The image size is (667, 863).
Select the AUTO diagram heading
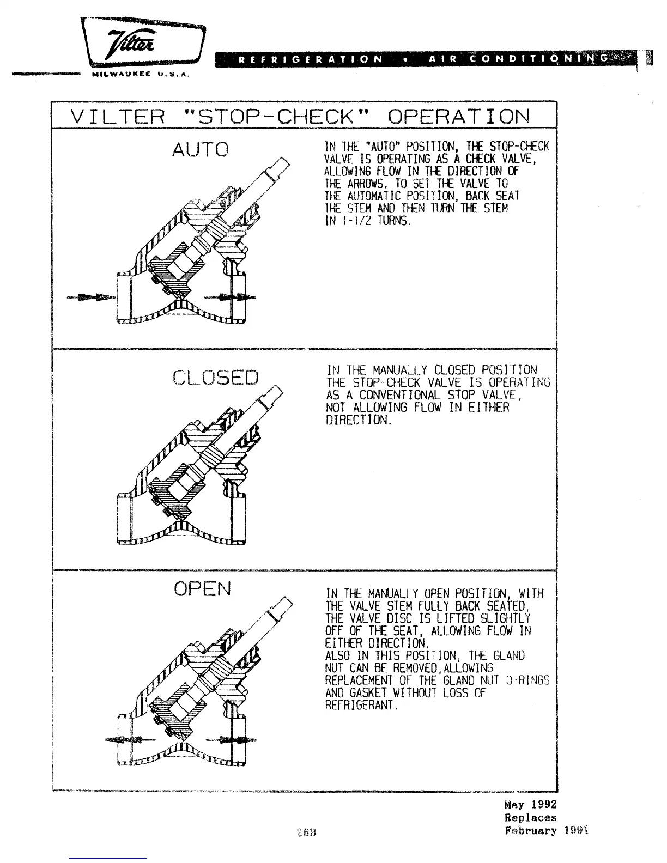(200, 149)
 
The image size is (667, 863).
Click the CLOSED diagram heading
(215, 376)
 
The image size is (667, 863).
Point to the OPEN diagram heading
(202, 588)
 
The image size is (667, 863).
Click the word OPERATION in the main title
(459, 116)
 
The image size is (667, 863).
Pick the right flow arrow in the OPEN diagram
(231, 739)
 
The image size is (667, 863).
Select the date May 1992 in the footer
(530, 805)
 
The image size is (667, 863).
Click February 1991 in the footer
(547, 831)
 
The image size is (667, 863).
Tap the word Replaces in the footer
(530, 818)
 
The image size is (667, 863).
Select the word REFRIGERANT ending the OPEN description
(361, 706)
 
